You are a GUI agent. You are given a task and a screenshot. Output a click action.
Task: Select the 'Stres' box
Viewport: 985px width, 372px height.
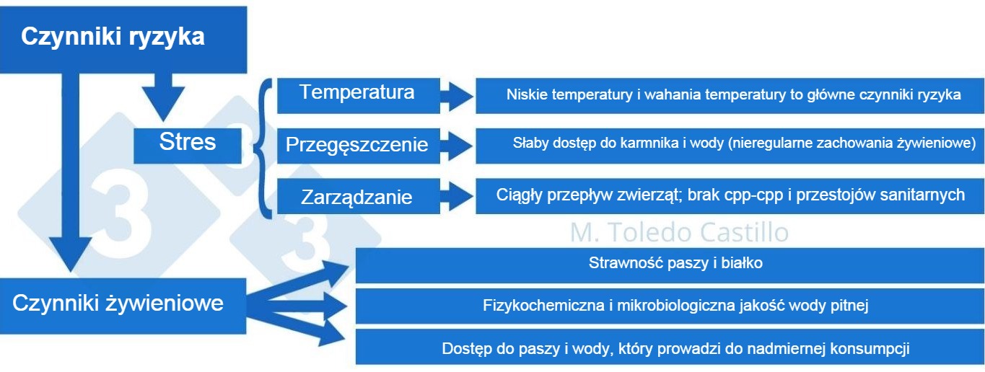point(187,143)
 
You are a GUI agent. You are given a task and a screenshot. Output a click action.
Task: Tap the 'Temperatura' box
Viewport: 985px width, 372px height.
point(358,94)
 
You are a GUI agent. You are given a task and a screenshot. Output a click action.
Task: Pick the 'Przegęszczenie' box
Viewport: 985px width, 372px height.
point(358,146)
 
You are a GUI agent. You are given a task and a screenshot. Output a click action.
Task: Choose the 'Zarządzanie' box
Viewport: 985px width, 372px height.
point(358,197)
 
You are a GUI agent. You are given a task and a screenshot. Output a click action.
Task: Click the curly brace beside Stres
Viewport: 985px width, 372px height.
point(261,146)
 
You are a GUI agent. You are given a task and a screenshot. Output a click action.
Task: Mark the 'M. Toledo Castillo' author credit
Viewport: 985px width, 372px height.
point(679,232)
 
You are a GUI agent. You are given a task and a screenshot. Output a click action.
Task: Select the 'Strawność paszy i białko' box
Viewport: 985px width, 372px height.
point(675,264)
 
